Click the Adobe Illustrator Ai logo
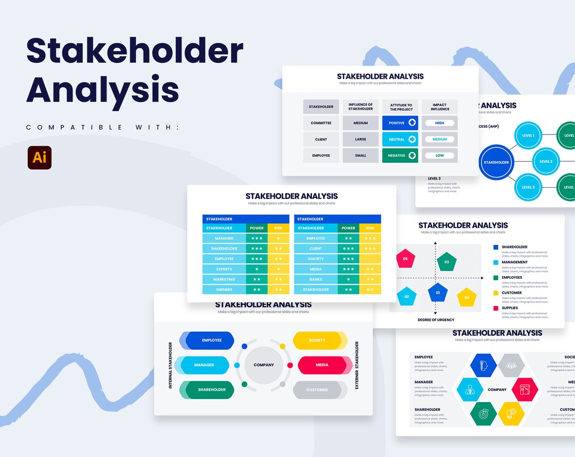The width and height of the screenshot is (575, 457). point(39,157)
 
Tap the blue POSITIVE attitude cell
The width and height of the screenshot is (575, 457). point(400,123)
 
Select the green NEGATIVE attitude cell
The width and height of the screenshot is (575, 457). point(400,155)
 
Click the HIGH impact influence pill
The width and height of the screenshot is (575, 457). point(439,123)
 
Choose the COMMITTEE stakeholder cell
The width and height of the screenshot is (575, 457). point(321,123)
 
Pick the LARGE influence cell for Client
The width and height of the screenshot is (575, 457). point(360,139)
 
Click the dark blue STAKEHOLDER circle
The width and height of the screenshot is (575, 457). point(496,162)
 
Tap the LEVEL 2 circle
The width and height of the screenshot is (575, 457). point(546,161)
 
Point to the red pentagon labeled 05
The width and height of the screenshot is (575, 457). point(405,259)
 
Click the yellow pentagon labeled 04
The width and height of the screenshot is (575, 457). point(466,297)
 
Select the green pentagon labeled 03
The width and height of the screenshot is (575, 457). point(447,262)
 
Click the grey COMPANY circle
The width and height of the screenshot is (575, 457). point(264,365)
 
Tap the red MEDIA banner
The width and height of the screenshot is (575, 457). point(322,365)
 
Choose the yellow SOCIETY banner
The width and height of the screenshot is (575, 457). point(317,340)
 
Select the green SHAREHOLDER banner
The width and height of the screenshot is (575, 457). point(211,390)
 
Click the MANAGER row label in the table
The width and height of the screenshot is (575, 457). point(224,238)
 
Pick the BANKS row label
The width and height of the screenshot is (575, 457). point(316,279)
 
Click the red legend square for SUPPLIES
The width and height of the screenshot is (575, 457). point(496,308)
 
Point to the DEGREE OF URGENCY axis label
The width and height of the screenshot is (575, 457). point(436,320)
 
